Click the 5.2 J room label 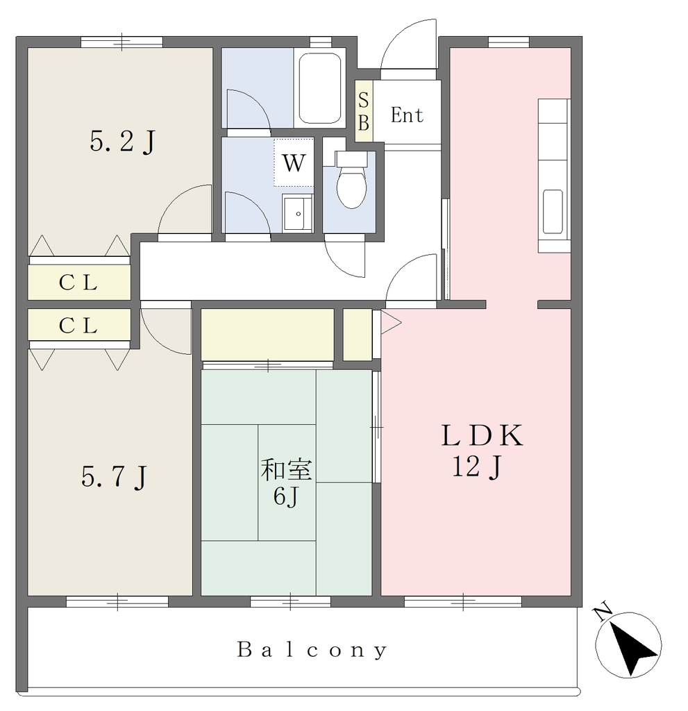(122, 141)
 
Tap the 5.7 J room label (115, 476)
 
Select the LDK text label (482, 435)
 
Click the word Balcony (312, 650)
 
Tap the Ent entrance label (407, 115)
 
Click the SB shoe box (363, 111)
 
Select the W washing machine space (294, 162)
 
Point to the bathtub (320, 88)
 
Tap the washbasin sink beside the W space (298, 213)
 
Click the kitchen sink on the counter (553, 212)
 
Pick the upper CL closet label (78, 283)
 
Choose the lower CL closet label (78, 325)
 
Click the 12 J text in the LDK (476, 467)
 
